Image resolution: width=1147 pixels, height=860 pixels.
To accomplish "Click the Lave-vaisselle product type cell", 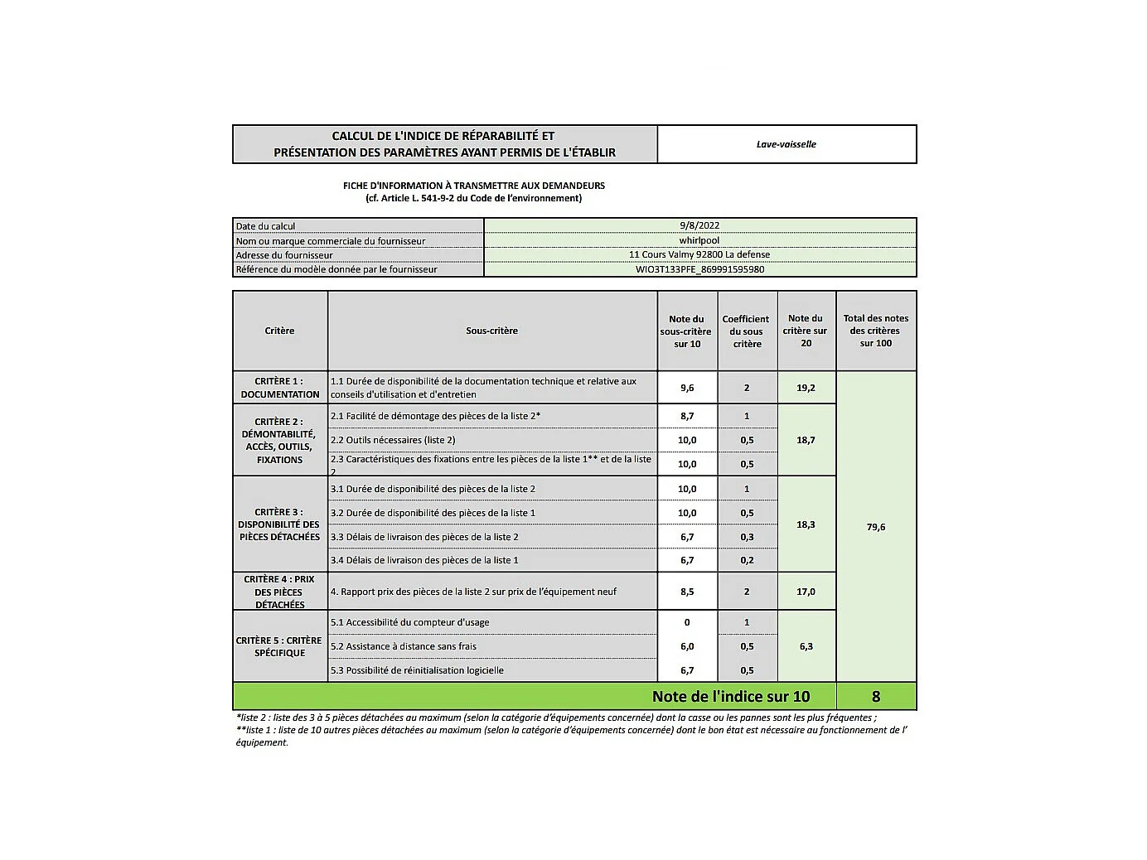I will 786,144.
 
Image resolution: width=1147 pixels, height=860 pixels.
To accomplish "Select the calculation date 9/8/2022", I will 699,225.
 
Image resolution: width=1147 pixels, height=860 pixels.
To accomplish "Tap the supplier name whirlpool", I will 699,240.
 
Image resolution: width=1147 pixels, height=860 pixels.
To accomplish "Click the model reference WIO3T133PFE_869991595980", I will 699,269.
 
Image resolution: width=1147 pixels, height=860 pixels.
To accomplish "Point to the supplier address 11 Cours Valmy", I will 699,254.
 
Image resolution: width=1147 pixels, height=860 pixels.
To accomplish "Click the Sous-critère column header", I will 491,331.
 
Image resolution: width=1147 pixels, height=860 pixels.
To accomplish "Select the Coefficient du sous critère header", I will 746,331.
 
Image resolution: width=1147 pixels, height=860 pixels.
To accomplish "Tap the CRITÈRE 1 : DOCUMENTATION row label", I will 280,388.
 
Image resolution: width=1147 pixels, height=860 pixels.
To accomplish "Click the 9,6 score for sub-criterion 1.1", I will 687,388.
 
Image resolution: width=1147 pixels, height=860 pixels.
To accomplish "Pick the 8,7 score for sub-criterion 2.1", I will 687,416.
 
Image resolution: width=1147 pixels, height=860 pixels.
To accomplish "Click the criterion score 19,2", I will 806,388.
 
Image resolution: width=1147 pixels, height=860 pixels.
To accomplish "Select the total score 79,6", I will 876,527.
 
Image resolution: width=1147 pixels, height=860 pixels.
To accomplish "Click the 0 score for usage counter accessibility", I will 687,622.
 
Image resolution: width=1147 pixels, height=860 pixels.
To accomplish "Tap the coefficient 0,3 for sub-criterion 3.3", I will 747,537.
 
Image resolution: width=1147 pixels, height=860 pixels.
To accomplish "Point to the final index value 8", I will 876,697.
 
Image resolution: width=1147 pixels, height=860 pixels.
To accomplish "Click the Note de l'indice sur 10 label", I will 731,697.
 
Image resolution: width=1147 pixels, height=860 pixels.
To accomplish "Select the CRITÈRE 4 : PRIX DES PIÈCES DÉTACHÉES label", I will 280,592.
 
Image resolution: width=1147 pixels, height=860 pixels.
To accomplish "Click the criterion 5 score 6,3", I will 806,646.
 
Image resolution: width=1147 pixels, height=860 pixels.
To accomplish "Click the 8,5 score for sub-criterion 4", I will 687,592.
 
